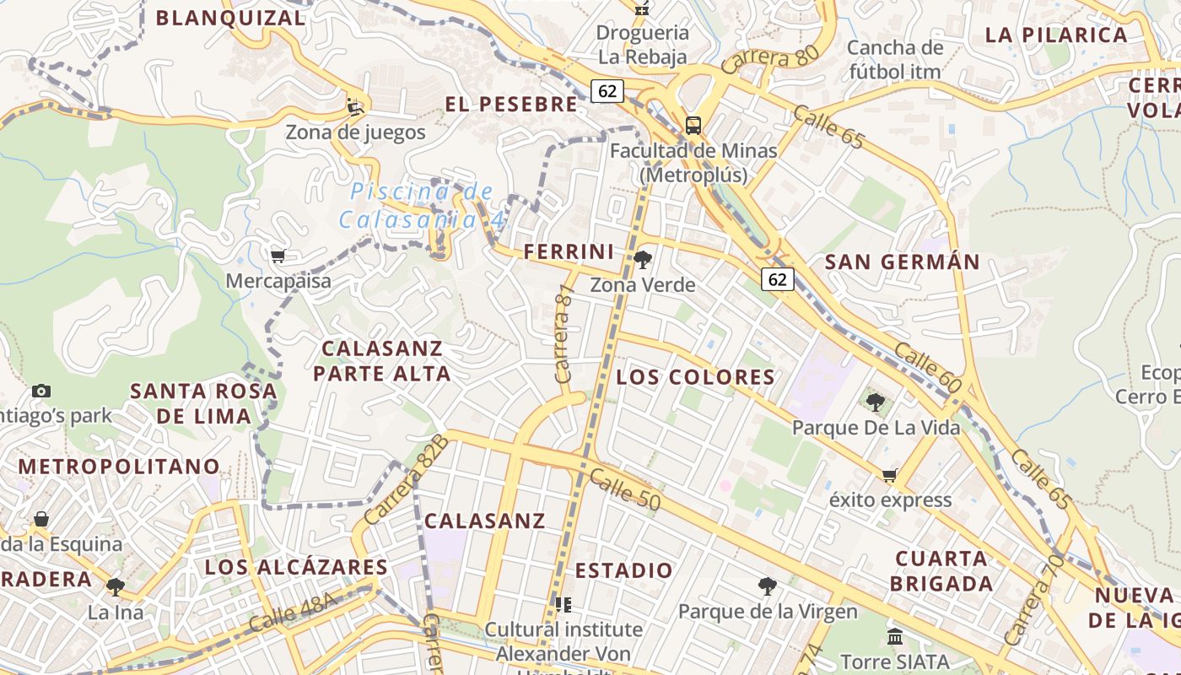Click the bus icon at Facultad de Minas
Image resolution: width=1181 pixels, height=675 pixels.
pyautogui.click(x=693, y=126)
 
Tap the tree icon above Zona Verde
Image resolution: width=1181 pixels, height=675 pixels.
pyautogui.click(x=643, y=260)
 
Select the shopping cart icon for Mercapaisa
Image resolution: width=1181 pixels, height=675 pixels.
pyautogui.click(x=278, y=256)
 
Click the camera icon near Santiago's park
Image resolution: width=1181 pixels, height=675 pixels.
pyautogui.click(x=40, y=391)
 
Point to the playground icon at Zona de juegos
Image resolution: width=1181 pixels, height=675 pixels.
pyautogui.click(x=355, y=107)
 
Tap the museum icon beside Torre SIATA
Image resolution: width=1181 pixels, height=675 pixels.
pyautogui.click(x=895, y=636)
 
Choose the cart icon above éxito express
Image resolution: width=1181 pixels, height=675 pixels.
pyautogui.click(x=889, y=475)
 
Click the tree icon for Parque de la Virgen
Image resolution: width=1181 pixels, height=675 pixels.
pyautogui.click(x=767, y=586)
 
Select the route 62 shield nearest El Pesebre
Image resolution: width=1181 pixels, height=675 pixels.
pyautogui.click(x=607, y=90)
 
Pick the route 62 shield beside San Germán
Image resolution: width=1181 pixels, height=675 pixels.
pyautogui.click(x=777, y=279)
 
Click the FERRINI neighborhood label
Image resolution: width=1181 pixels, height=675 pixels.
pyautogui.click(x=569, y=251)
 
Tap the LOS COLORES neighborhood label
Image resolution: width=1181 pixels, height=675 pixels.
pyautogui.click(x=695, y=377)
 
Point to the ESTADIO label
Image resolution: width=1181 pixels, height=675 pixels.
pyautogui.click(x=624, y=571)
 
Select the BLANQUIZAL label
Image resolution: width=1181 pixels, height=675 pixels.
pyautogui.click(x=230, y=18)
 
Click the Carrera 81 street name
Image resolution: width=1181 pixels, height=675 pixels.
pyautogui.click(x=564, y=333)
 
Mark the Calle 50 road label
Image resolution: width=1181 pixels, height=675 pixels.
pyautogui.click(x=624, y=489)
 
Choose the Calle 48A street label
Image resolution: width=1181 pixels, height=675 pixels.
pyautogui.click(x=293, y=612)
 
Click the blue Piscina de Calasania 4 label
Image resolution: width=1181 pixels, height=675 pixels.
pyautogui.click(x=422, y=206)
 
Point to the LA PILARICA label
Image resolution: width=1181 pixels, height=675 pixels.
pyautogui.click(x=1056, y=35)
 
